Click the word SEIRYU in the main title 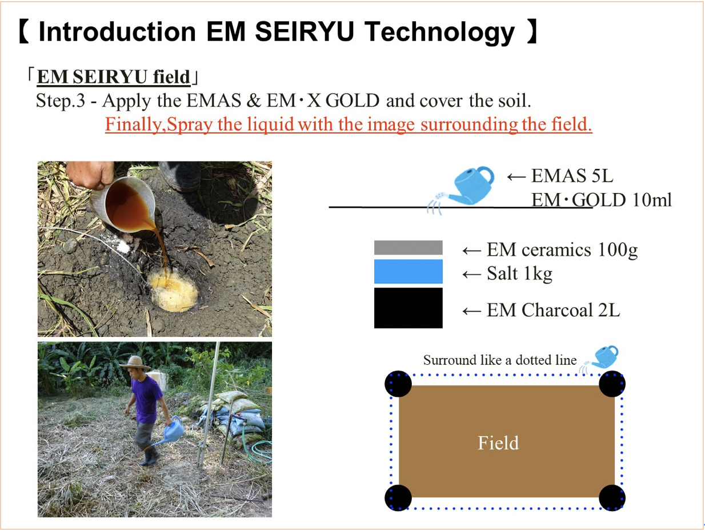click(304, 31)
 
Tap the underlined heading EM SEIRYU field click(114, 77)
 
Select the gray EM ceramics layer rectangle click(408, 247)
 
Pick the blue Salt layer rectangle click(408, 271)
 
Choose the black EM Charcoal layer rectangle click(408, 308)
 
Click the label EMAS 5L click(572, 176)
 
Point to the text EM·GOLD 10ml click(601, 200)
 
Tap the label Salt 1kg click(519, 273)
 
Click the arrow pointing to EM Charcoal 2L click(472, 311)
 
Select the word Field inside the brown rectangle click(498, 443)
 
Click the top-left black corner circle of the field click(398, 384)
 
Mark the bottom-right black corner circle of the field click(612, 498)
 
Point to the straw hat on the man click(135, 363)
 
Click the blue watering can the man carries click(169, 432)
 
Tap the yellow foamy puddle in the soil click(174, 291)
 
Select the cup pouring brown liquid click(123, 203)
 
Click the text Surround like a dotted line click(500, 360)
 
